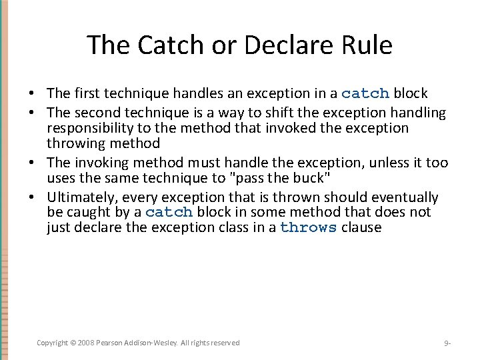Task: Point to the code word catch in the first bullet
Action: (x=365, y=93)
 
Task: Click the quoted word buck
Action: (x=312, y=178)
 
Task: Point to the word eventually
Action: (x=406, y=197)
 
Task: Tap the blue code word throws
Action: (x=308, y=228)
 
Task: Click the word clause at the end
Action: (x=361, y=228)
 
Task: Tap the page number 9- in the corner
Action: (x=447, y=343)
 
